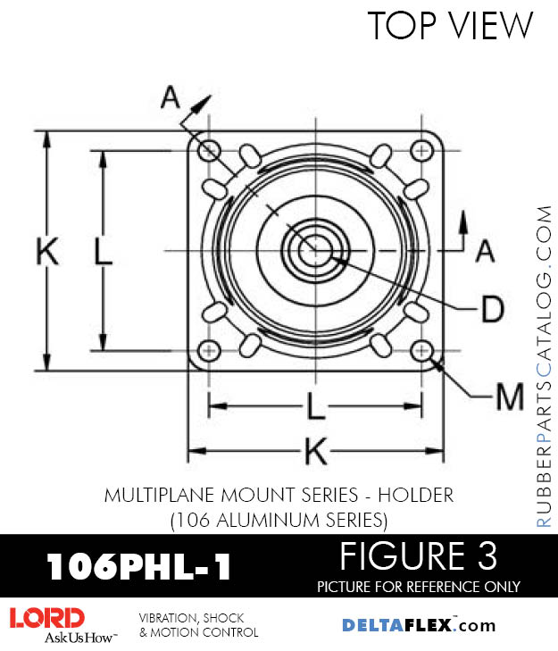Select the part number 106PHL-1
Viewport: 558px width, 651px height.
(138, 566)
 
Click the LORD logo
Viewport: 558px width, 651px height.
(47, 618)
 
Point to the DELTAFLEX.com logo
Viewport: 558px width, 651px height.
(419, 625)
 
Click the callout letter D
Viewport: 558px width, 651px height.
(491, 309)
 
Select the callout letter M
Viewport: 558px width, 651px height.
(509, 397)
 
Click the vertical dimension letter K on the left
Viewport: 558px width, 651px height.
(47, 252)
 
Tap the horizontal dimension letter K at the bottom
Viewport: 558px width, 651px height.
(314, 453)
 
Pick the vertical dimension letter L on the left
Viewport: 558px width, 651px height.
(104, 253)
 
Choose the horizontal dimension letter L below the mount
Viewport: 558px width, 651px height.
(314, 407)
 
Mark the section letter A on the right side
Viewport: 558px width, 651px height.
(485, 252)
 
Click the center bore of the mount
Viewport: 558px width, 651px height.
(312, 251)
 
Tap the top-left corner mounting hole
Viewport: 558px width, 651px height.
(210, 149)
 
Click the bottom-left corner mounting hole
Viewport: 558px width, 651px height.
(210, 349)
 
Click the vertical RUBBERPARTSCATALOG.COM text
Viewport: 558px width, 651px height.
(544, 366)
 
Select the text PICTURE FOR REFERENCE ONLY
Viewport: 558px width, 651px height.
(418, 587)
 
